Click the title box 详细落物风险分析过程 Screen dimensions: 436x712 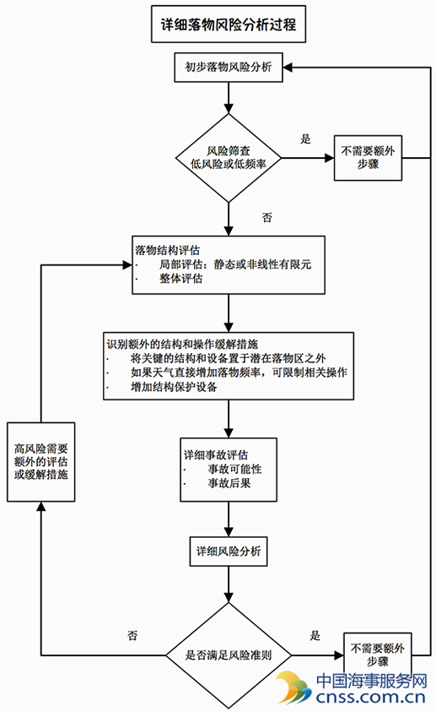click(x=229, y=24)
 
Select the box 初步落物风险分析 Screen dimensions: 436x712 click(x=229, y=68)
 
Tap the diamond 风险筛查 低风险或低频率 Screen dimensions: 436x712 click(x=229, y=158)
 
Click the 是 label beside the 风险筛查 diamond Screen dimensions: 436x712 click(x=305, y=139)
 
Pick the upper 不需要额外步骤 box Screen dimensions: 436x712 click(x=368, y=158)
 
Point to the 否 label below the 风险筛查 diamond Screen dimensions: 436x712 click(x=267, y=218)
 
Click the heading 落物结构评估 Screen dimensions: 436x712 click(x=167, y=250)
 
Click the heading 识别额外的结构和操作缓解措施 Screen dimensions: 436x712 click(x=182, y=345)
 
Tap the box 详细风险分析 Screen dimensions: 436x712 click(x=229, y=552)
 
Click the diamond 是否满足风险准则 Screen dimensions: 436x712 click(x=229, y=655)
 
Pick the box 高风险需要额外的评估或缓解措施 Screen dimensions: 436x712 click(x=40, y=462)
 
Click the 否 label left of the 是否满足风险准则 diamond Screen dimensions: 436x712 click(x=132, y=635)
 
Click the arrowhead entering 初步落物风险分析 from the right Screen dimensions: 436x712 click(x=288, y=68)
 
